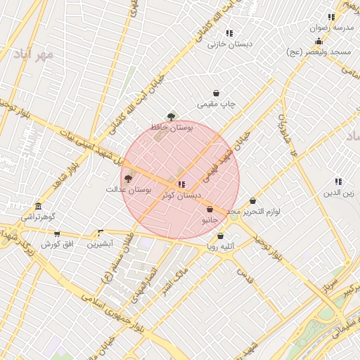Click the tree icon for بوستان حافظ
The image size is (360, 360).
[x=171, y=116]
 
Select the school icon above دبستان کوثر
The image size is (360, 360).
[x=181, y=184]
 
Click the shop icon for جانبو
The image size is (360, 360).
[x=210, y=209]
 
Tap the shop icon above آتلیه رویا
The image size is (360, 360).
[x=221, y=236]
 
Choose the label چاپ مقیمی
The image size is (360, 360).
[x=216, y=104]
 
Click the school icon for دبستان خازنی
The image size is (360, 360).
[x=229, y=33]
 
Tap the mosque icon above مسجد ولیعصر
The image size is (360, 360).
[x=319, y=41]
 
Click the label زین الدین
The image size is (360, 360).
[x=338, y=192]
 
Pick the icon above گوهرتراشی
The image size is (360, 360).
[x=38, y=206]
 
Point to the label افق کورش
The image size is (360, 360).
[x=57, y=244]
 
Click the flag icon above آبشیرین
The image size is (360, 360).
[x=101, y=233]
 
